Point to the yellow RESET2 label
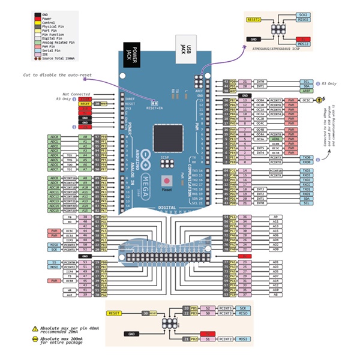254,19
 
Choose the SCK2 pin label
304,14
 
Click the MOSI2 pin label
304,44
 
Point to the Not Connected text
76,94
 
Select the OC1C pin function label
307,100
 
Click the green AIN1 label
276,139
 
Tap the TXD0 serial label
307,157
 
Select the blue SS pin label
55,262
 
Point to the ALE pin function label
70,294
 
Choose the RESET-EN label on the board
155,108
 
